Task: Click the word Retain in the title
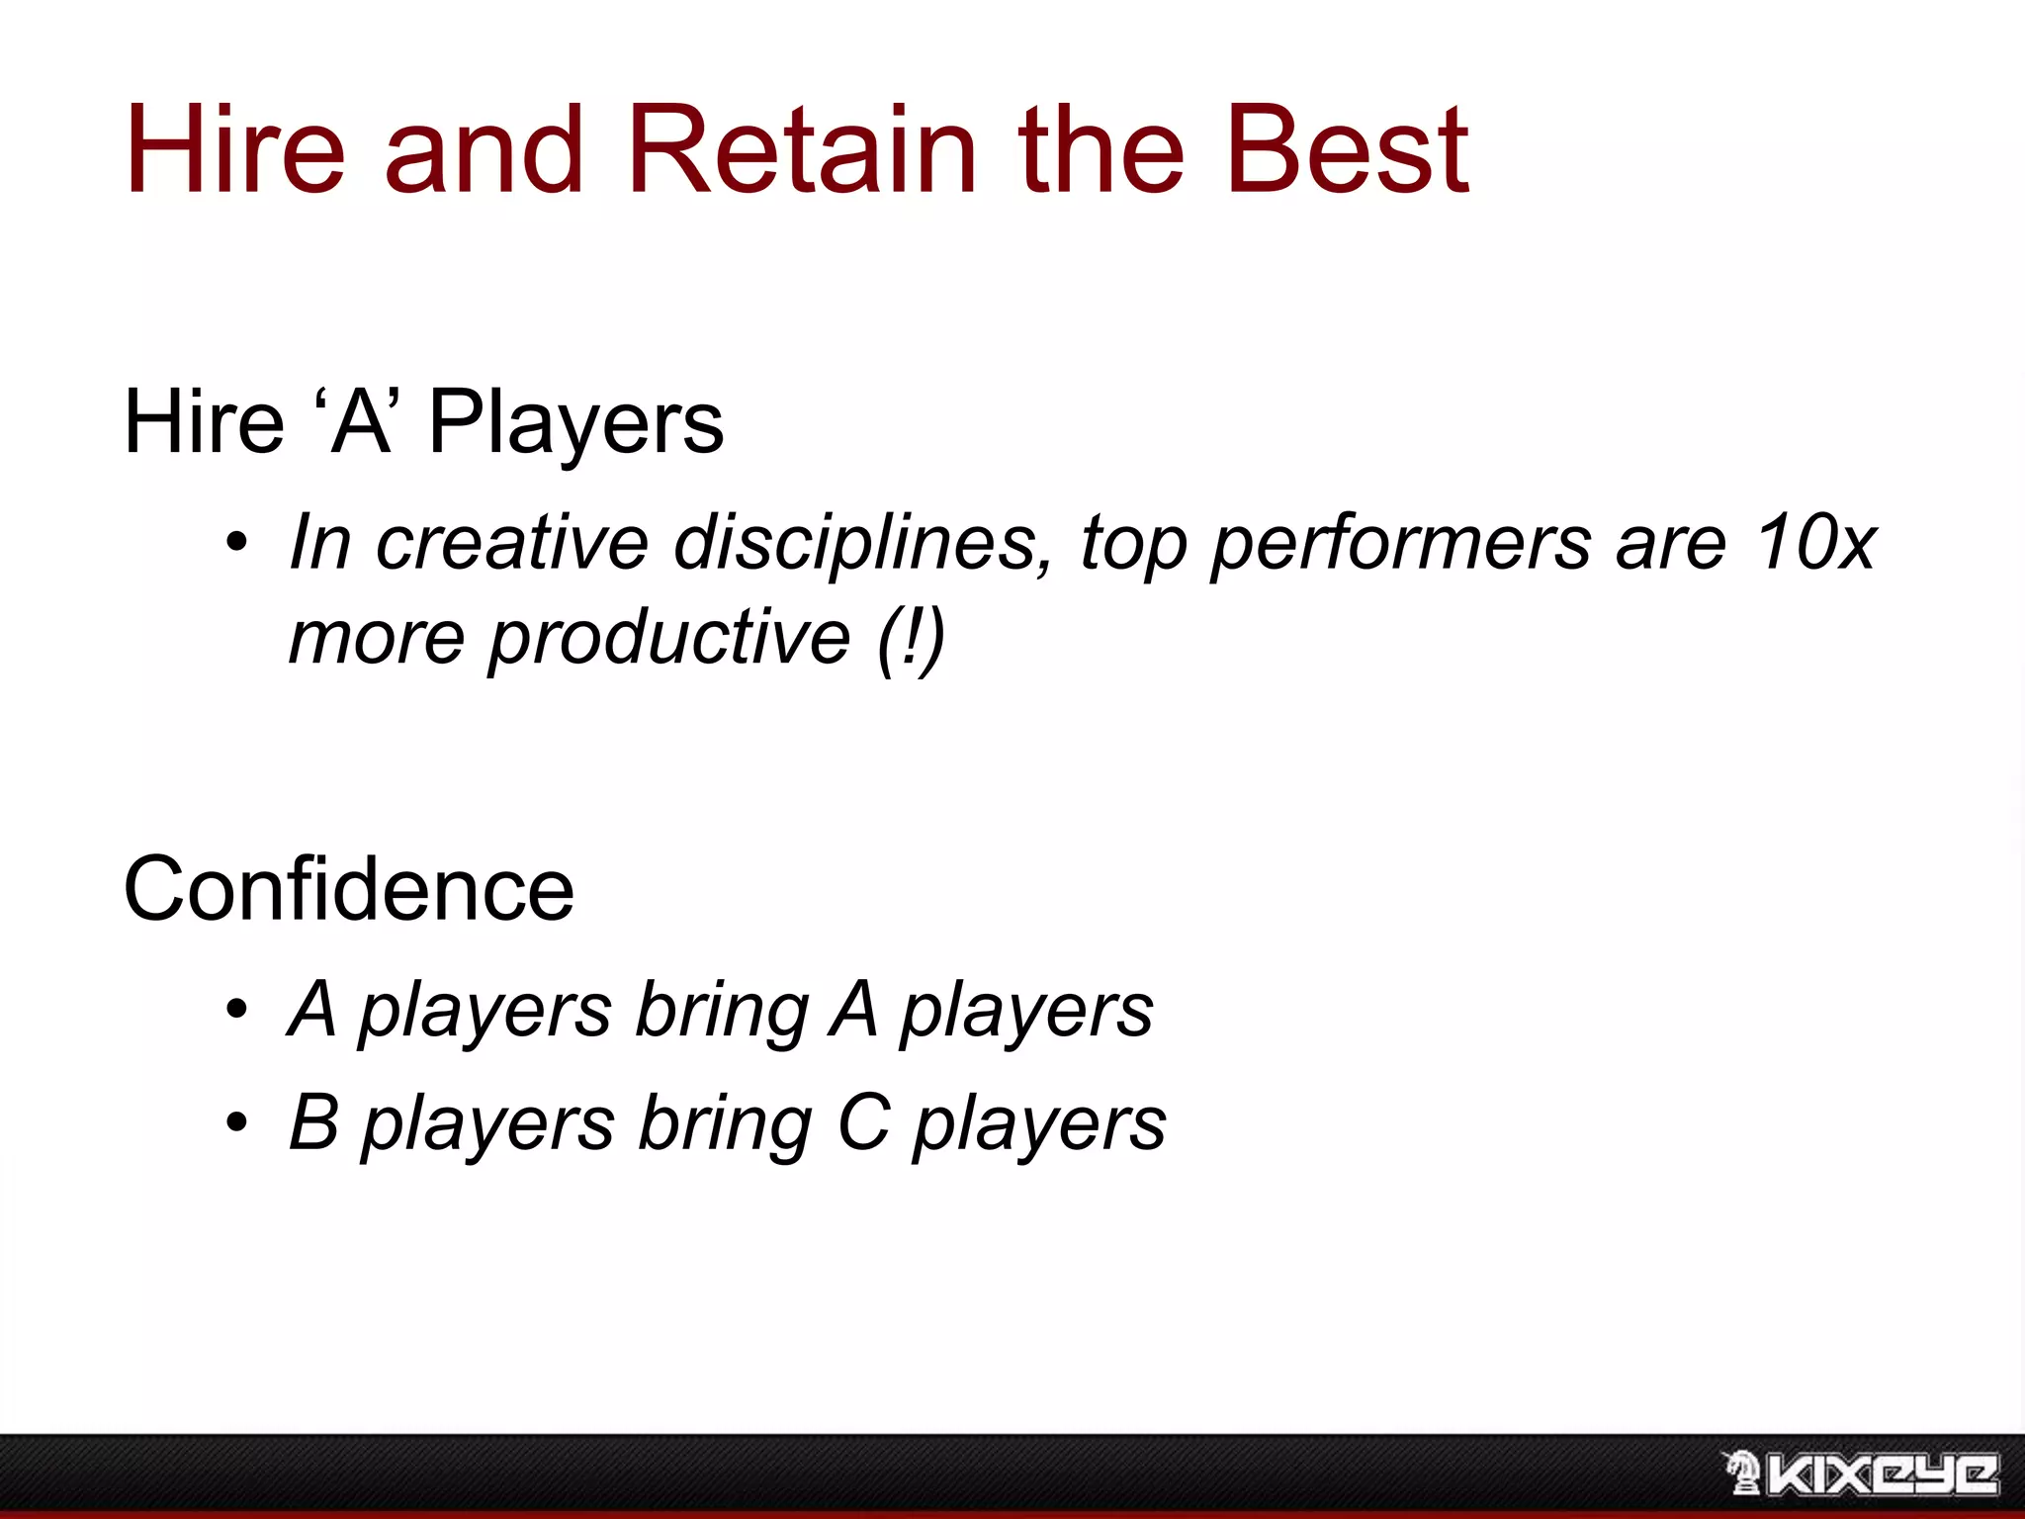801,150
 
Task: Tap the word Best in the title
1347,150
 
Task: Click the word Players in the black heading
575,423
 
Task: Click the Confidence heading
348,890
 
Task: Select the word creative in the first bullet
512,543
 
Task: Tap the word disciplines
863,543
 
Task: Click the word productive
669,638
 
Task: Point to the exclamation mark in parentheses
911,638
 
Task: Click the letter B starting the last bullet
314,1122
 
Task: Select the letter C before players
863,1122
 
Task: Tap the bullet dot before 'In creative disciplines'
235,543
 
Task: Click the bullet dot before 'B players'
235,1122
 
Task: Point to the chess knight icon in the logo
1742,1474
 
